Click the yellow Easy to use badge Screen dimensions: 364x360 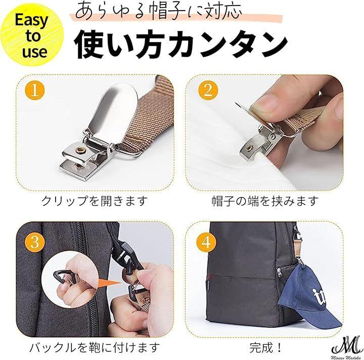(x=32, y=35)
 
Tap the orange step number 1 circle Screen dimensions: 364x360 (x=35, y=90)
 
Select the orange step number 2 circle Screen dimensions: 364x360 (x=208, y=90)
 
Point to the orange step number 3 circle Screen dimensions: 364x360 (x=35, y=242)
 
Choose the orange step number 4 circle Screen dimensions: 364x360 (x=206, y=242)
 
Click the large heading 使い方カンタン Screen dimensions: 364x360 (x=180, y=44)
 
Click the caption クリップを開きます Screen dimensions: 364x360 (x=95, y=201)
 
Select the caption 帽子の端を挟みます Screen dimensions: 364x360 (x=265, y=201)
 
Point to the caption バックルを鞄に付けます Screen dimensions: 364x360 (x=95, y=347)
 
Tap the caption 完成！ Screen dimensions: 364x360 (x=266, y=347)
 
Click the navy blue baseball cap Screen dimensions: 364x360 (x=306, y=299)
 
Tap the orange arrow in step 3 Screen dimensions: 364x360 (x=109, y=283)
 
